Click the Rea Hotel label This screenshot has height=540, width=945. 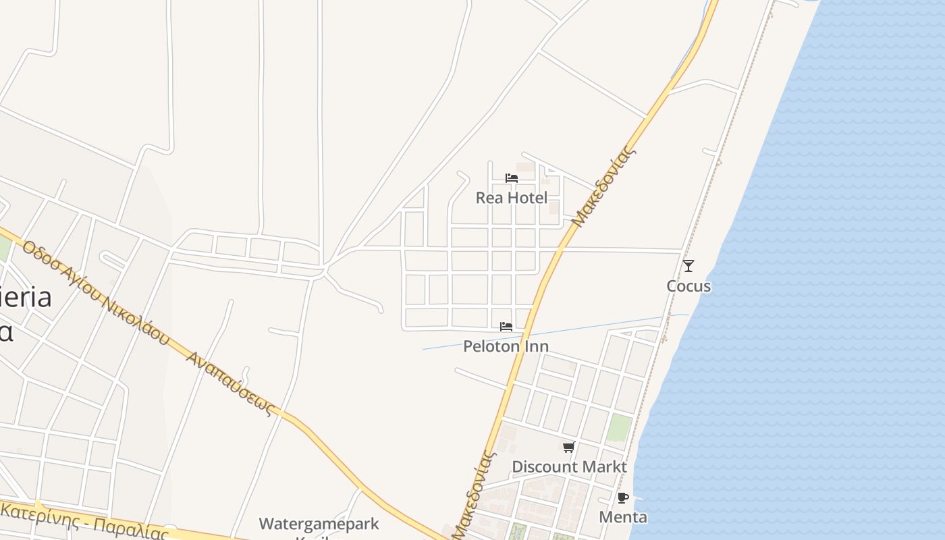coord(511,198)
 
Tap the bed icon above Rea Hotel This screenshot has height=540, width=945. coord(512,178)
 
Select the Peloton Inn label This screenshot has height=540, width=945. coord(506,346)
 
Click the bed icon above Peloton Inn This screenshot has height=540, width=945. coord(506,327)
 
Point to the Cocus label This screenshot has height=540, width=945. coord(688,286)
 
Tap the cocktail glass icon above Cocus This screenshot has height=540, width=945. coord(688,266)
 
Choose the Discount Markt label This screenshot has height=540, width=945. coord(569,466)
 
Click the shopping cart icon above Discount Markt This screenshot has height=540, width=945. coord(569,447)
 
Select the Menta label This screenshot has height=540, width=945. coord(623,518)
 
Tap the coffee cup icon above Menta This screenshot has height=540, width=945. coord(623,498)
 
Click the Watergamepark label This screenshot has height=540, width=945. coord(319,524)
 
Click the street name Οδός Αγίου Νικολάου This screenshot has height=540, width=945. coord(94,292)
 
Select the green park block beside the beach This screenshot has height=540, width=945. coord(619,428)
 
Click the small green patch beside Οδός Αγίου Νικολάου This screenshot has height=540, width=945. coord(4,248)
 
